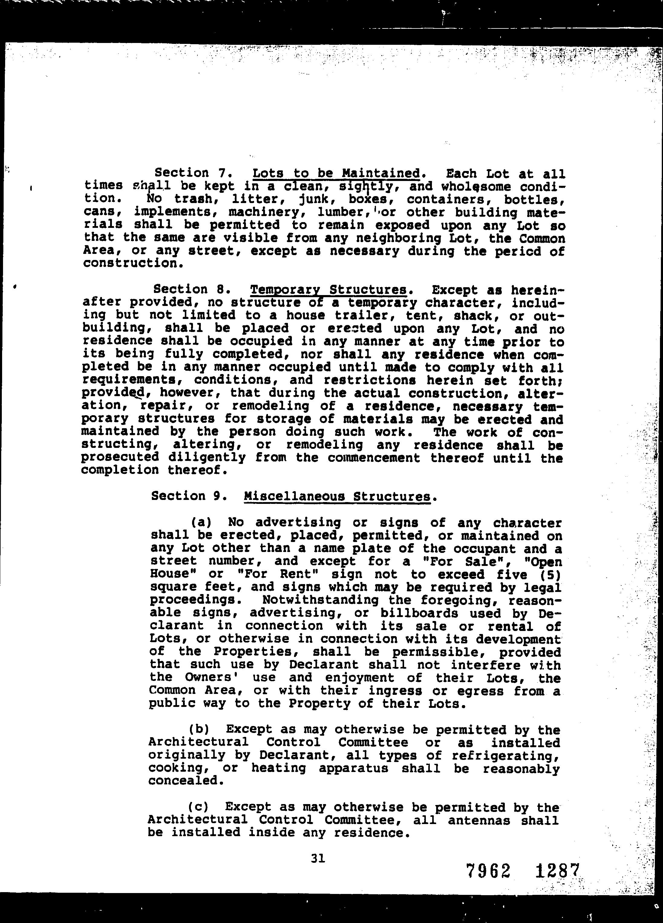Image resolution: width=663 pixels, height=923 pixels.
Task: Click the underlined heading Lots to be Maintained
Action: [x=336, y=174]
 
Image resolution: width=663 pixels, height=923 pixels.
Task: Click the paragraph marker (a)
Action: [x=203, y=522]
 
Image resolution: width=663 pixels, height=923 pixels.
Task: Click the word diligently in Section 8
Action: [x=207, y=458]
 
